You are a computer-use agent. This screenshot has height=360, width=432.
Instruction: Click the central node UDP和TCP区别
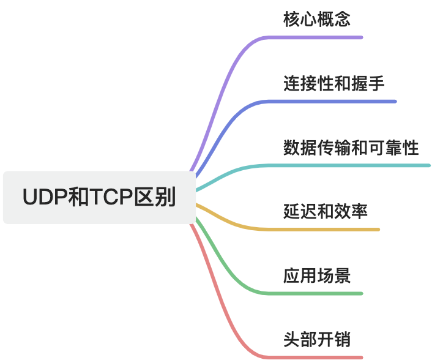(99, 197)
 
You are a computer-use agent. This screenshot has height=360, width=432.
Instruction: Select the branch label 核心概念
(317, 19)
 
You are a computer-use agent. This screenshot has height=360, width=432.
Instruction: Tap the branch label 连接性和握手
(334, 83)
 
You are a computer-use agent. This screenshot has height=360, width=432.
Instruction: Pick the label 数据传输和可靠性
(351, 148)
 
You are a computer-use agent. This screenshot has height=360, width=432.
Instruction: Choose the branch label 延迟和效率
(326, 212)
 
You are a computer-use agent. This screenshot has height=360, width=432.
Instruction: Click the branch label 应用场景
(317, 276)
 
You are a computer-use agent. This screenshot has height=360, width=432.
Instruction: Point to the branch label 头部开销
(317, 339)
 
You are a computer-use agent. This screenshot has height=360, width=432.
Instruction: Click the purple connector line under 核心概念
(318, 37)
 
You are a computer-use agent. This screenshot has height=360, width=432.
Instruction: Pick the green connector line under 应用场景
(318, 293)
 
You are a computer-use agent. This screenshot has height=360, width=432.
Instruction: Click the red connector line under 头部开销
(318, 357)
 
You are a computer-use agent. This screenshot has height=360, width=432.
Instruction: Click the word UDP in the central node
(42, 197)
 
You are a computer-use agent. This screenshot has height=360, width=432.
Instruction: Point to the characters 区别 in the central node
(159, 197)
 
